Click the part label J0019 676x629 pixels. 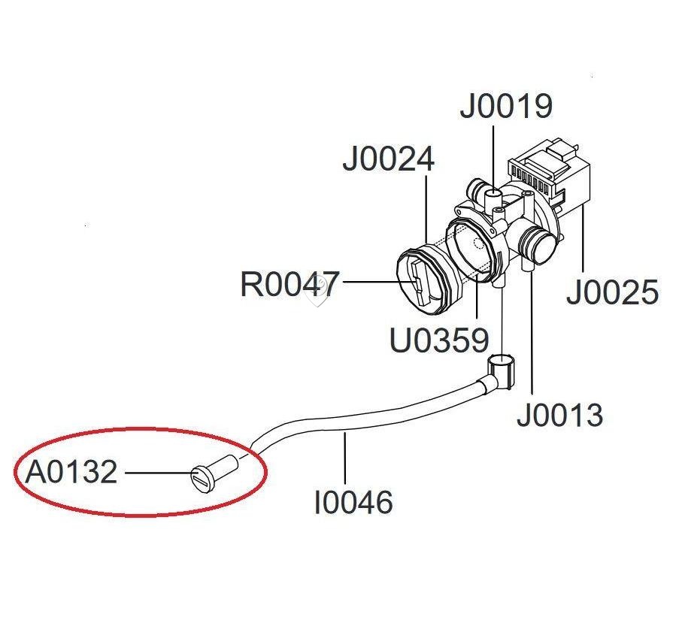pos(506,106)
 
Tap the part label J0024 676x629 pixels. pos(388,159)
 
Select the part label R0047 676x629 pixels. pos(289,284)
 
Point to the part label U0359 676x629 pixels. pos(439,340)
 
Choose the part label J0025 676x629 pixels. pos(612,292)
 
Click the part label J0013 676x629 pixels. pos(559,415)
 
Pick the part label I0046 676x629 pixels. pos(353,502)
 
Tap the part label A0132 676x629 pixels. pos(71,472)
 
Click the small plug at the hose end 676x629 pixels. pos(214,472)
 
